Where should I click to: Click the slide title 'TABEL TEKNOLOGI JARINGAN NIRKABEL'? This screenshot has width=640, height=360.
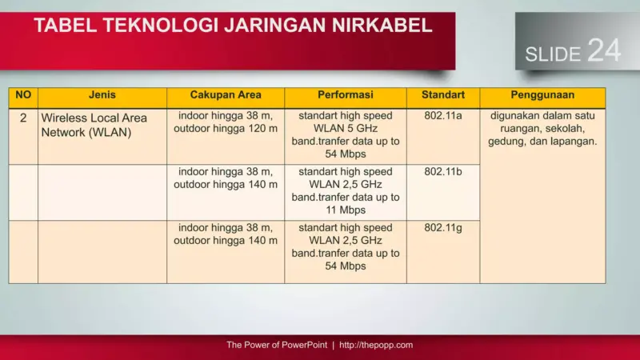point(233,26)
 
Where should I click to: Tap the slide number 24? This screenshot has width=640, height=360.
point(604,50)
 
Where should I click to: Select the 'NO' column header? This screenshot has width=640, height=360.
point(23,95)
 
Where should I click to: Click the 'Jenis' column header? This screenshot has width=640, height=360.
point(102,95)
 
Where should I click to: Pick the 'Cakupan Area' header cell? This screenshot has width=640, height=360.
point(226,95)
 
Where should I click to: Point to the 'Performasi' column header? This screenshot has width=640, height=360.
point(346,95)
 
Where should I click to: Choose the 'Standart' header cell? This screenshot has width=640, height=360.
point(443,95)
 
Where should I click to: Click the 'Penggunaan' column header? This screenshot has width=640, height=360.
point(542,95)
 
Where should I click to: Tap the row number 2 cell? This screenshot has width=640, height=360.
point(23,117)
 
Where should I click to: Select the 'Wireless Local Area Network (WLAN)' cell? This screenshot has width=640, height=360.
point(94,125)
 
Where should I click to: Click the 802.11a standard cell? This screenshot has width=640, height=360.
point(443,115)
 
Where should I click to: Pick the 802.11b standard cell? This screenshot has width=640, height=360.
point(443,171)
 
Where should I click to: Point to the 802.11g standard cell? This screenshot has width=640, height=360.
point(443,227)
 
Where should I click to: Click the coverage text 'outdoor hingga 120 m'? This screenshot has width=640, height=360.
point(226,128)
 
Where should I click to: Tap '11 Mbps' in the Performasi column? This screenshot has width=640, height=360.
point(346,210)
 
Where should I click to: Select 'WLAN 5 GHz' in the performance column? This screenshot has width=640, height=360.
point(346,128)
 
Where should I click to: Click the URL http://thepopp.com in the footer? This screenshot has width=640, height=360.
point(376,346)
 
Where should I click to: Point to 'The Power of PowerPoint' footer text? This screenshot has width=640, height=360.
point(276,346)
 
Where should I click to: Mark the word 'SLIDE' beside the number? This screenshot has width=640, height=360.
point(553,54)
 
